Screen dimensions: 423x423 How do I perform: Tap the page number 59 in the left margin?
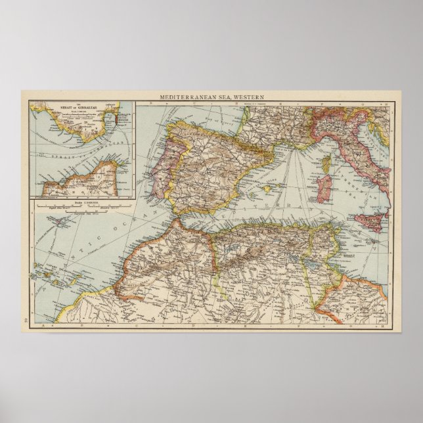tap(25, 319)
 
